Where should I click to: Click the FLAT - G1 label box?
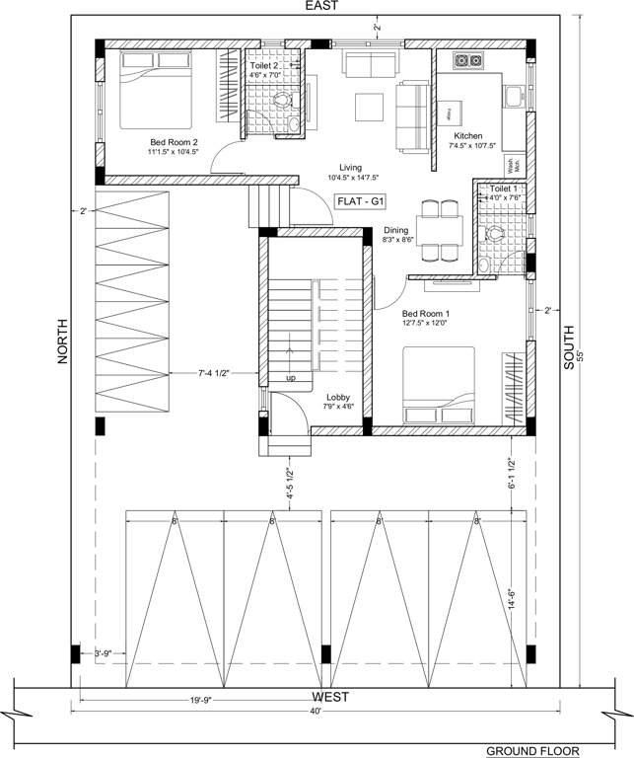[361, 200]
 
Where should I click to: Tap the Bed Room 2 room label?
[174, 141]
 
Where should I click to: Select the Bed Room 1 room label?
[426, 313]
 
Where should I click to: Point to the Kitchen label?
[467, 135]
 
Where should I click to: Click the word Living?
[351, 167]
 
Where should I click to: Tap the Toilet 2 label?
[262, 65]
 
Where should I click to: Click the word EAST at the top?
[321, 6]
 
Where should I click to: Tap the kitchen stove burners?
[466, 61]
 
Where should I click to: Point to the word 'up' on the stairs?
[290, 378]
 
